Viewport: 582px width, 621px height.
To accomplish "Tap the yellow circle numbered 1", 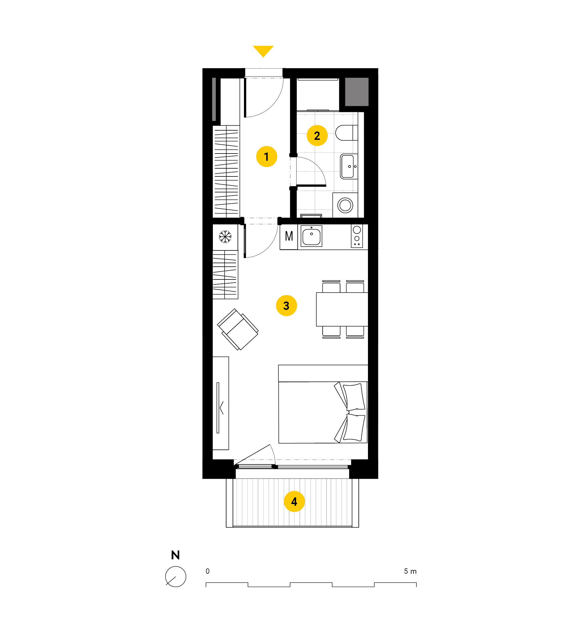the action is coord(267,156).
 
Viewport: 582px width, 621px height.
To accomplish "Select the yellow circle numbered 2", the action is coord(317,136).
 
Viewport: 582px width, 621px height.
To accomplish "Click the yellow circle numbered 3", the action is coord(287,306).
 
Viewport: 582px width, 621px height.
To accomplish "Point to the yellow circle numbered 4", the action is coord(294,501).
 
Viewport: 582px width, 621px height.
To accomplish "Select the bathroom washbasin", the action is coord(349,166).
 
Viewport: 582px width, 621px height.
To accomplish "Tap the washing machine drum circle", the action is coord(345,205).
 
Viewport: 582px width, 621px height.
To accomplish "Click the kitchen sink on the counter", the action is coord(311,236).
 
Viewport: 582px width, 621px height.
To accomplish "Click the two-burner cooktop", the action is coord(357,236).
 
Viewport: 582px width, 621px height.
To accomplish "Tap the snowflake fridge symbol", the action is coord(225,237).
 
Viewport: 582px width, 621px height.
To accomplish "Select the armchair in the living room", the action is coord(238,329).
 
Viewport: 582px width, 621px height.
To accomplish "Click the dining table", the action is coord(342,309).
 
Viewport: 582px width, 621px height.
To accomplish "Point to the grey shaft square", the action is coord(357,92).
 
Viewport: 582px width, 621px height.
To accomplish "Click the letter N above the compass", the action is coord(175,555).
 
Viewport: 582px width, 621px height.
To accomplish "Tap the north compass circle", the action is coord(176,577).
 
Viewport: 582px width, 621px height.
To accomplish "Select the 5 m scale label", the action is coord(410,571).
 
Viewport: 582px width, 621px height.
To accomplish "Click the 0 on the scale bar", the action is coord(208,571).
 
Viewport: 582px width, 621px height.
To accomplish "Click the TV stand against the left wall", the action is coord(221,403).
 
